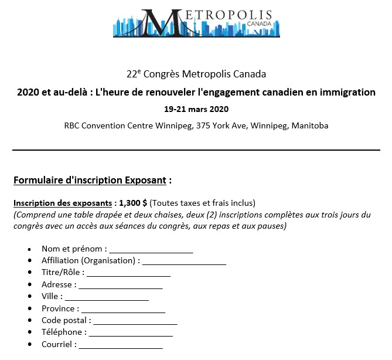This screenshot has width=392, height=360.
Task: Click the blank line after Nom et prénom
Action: point(151,250)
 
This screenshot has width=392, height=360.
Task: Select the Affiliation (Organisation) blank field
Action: point(184,261)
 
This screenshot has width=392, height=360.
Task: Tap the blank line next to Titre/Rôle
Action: point(129,273)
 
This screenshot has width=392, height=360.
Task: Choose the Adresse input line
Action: point(121,286)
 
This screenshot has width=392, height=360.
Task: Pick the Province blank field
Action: point(123,309)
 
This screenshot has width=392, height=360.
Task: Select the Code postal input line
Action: point(135,321)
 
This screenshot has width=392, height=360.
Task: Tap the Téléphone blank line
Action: point(131,333)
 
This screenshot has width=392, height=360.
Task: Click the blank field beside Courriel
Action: point(121,345)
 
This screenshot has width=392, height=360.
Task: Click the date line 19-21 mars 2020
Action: point(196,109)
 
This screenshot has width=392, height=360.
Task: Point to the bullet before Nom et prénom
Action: point(30,250)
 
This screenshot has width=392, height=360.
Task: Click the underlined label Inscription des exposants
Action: point(63,203)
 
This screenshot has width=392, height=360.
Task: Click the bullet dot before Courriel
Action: point(30,345)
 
